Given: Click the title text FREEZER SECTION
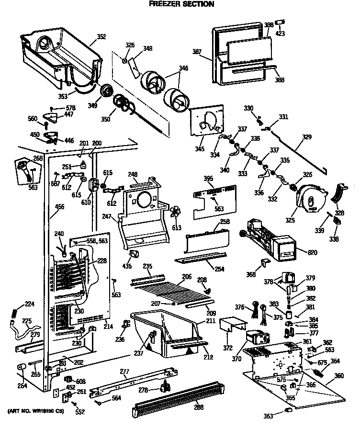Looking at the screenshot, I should click(x=180, y=4).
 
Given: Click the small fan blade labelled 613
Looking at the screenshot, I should click(x=176, y=212).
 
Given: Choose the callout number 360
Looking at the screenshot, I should click(x=339, y=376).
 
